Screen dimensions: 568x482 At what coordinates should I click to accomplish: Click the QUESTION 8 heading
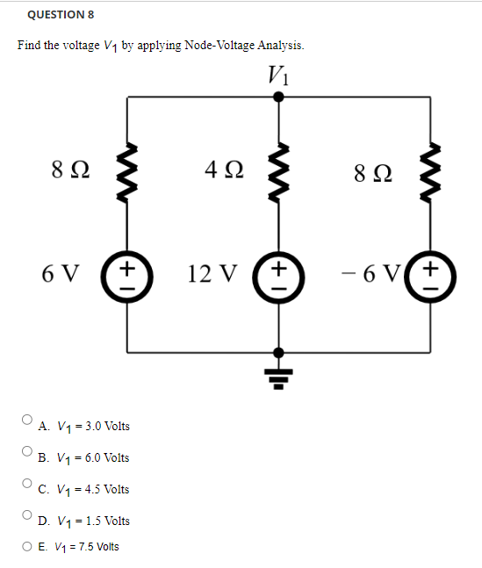pos(61,15)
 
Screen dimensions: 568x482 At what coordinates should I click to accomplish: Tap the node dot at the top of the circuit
pos(279,97)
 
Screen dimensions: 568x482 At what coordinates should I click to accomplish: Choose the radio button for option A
pos(28,421)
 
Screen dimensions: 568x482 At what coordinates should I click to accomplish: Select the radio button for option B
pos(28,452)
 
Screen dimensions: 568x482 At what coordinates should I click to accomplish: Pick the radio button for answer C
pos(28,484)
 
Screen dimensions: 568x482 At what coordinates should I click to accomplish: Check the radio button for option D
pos(28,515)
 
